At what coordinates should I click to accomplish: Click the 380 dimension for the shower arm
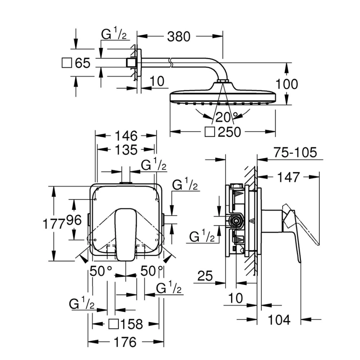pyautogui.click(x=178, y=37)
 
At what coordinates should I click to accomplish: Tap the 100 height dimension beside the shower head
pyautogui.click(x=287, y=84)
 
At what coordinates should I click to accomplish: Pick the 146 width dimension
pyautogui.click(x=126, y=136)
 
